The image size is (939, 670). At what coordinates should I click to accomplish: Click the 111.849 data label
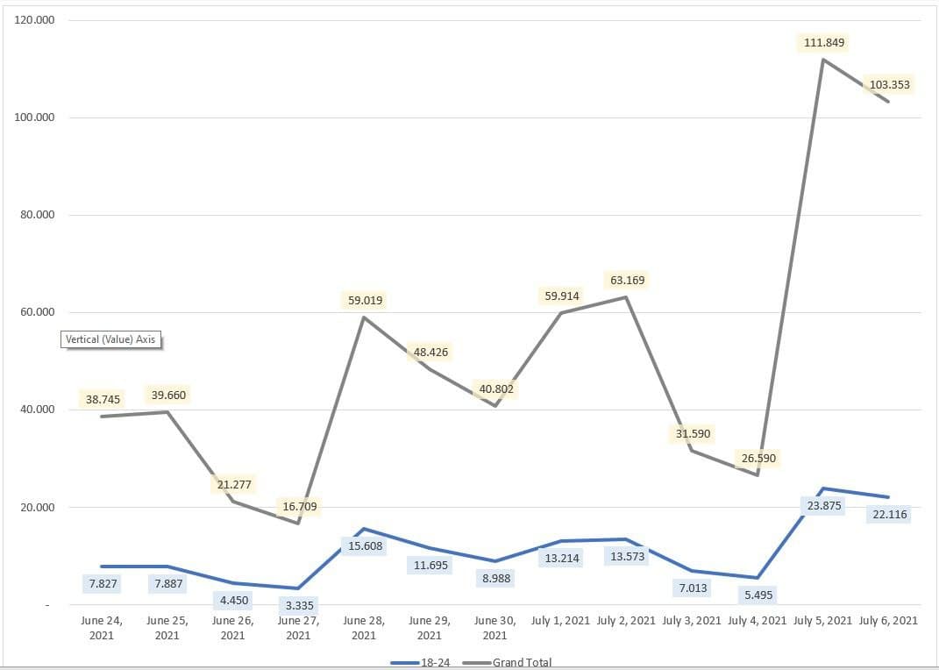coord(824,42)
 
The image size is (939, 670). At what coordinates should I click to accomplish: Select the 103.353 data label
coord(889,85)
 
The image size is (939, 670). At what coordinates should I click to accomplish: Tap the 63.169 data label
coord(626,281)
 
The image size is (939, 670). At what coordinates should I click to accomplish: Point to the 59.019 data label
coord(365,300)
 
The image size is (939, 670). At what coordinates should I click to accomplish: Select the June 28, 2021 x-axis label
coord(364,627)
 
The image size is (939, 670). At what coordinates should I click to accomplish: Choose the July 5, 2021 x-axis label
coord(822,620)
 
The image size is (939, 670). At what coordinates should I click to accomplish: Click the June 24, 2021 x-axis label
coord(102,627)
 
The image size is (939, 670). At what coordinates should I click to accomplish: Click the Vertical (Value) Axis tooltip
coord(112,339)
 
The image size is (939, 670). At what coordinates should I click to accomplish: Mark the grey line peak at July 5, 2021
coord(823,60)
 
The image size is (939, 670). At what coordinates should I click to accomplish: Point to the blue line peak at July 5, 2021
coord(823,488)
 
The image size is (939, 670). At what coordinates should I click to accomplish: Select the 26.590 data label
coord(758,458)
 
